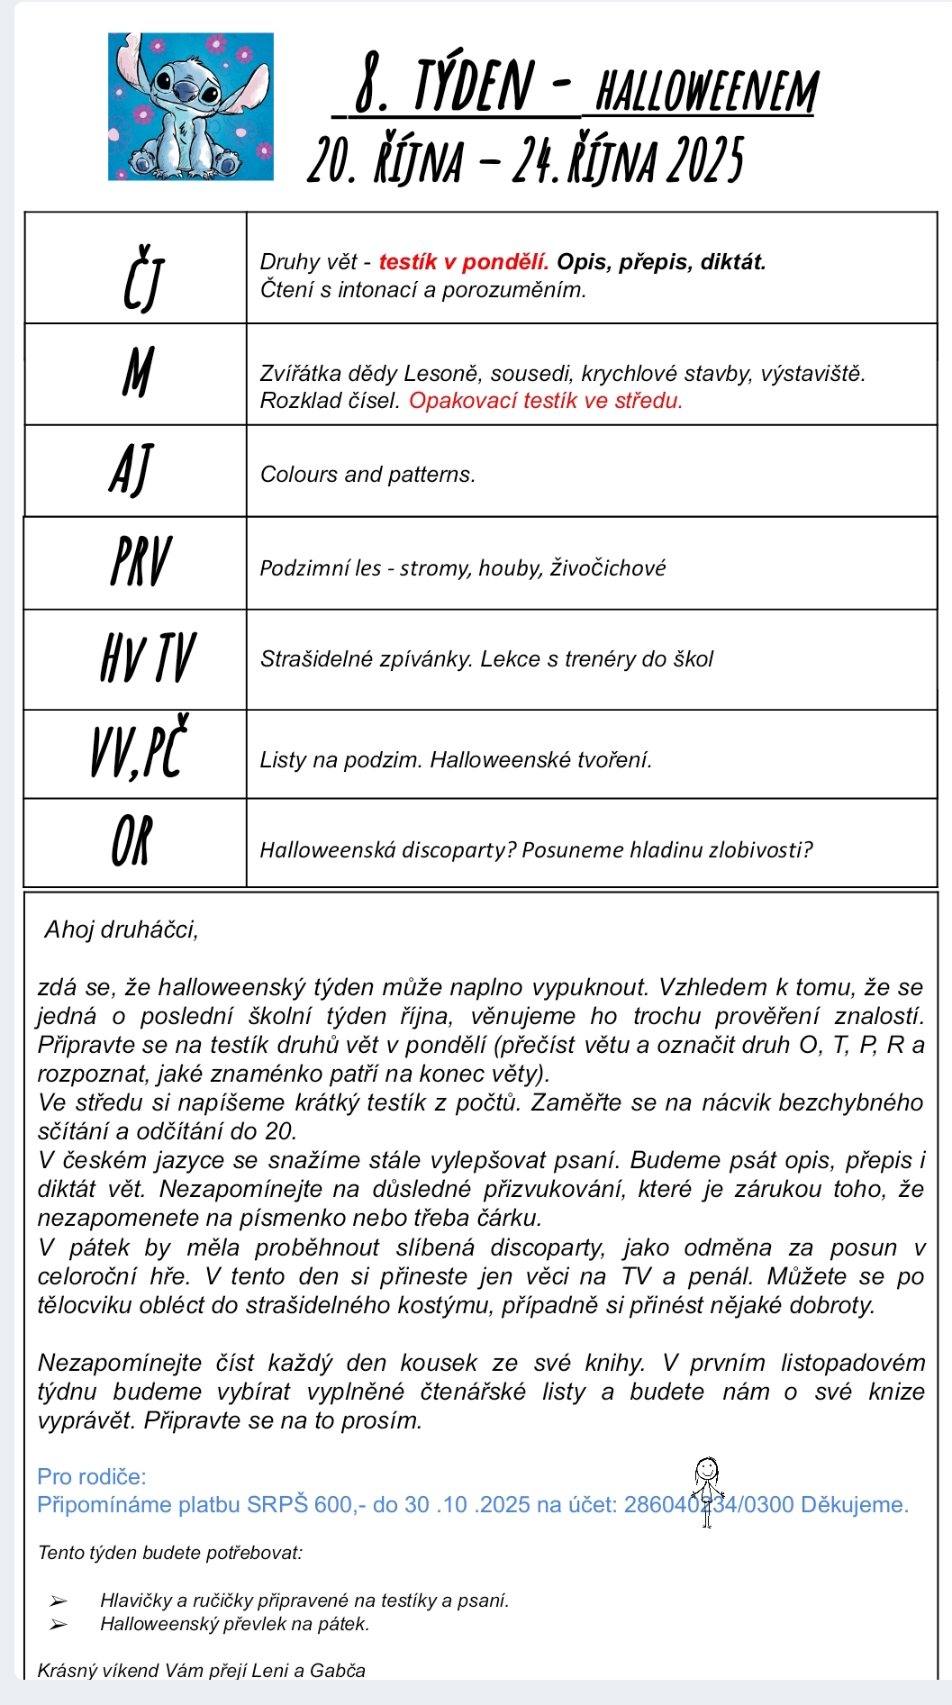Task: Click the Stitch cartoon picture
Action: (x=190, y=106)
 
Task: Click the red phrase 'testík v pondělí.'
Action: (x=463, y=262)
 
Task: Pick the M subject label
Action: (x=138, y=372)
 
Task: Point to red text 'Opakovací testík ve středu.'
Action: (x=546, y=401)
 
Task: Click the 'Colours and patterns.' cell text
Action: (x=367, y=475)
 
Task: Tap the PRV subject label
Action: (x=140, y=562)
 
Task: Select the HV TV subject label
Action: (x=148, y=658)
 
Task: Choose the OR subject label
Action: (x=132, y=841)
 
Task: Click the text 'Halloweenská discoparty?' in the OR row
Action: (x=388, y=850)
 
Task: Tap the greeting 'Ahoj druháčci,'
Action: (x=122, y=930)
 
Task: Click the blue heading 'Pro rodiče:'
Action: (x=92, y=1476)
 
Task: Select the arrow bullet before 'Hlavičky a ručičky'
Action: (x=59, y=1601)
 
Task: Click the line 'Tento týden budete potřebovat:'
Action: (x=170, y=1553)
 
